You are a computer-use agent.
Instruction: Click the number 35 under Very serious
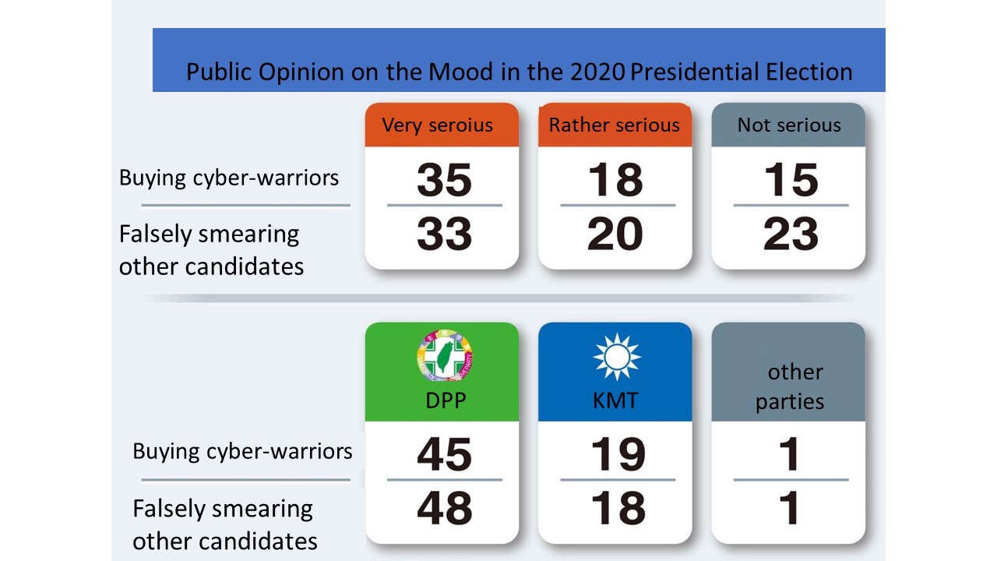point(444,179)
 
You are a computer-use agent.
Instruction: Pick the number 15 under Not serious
point(791,179)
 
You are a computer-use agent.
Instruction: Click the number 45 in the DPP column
point(444,454)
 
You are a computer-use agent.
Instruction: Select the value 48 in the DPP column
point(444,507)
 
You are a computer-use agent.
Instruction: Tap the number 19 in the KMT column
point(618,454)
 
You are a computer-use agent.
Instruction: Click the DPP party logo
point(445,356)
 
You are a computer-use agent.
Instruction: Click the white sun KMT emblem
point(617,357)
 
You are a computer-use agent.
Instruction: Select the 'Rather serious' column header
point(615,125)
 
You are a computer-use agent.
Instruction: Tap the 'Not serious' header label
point(789,125)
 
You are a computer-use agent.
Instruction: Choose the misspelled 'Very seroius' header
point(438,126)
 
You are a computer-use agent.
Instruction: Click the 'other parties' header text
point(790,386)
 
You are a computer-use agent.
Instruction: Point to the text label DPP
point(446,400)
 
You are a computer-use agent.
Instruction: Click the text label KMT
point(615,400)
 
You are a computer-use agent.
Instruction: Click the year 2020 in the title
point(597,72)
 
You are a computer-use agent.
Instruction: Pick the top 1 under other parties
point(790,454)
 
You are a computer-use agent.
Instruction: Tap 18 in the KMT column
point(618,507)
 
